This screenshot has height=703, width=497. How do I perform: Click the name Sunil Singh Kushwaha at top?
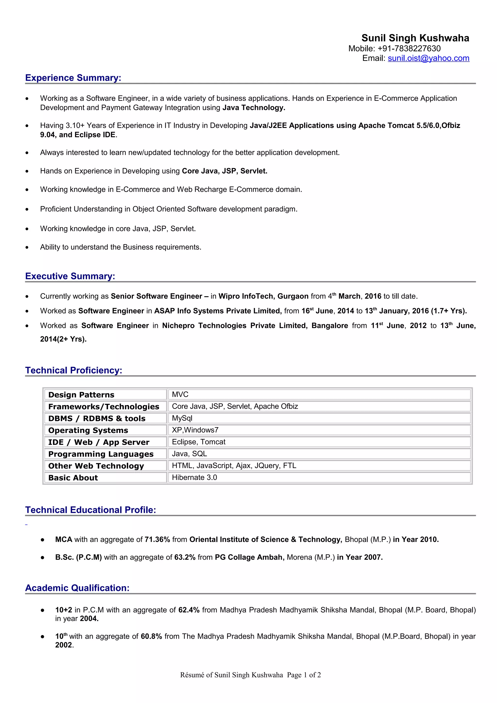point(415,38)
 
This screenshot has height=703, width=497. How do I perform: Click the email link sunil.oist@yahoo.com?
point(428,58)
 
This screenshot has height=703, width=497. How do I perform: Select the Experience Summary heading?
point(73,78)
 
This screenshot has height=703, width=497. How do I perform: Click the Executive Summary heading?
point(70,276)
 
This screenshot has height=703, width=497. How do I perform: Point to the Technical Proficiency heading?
point(74,370)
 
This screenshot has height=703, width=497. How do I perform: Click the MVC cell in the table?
point(180,394)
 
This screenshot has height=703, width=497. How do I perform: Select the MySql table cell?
point(182,418)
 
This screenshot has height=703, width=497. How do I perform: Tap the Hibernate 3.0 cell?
point(194,477)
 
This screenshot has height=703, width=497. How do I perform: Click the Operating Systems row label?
point(88,430)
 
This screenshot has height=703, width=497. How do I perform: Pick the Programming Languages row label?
point(101,454)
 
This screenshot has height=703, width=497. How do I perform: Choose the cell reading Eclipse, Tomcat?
point(199,442)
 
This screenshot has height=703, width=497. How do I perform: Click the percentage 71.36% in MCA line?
point(157,540)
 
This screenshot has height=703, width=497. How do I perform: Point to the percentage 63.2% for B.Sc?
point(185,557)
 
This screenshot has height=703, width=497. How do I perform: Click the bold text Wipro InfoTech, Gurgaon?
point(263,296)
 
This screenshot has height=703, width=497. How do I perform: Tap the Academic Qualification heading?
point(77,588)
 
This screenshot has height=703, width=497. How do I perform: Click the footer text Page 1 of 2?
point(304,675)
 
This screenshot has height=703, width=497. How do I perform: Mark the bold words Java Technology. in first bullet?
point(254,108)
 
